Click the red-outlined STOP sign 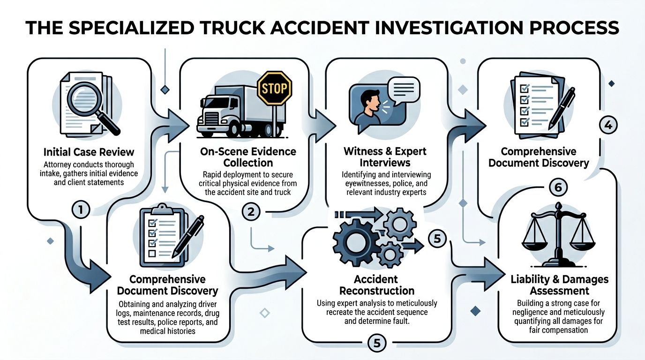pyautogui.click(x=275, y=88)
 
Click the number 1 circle pyautogui.click(x=81, y=210)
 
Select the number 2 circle pyautogui.click(x=251, y=211)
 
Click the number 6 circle pyautogui.click(x=557, y=187)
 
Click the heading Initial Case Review pyautogui.click(x=89, y=152)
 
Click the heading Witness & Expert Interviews pyautogui.click(x=385, y=157)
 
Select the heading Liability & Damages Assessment pyautogui.click(x=560, y=285)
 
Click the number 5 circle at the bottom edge pyautogui.click(x=377, y=344)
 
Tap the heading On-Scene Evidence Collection pyautogui.click(x=248, y=157)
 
